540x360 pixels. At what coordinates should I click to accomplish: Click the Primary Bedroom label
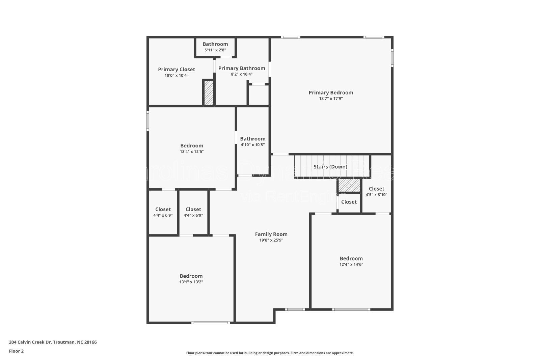(x=331, y=92)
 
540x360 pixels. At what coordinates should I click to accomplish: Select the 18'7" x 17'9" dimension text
(x=331, y=99)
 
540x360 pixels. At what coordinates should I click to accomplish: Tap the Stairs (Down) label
(x=330, y=167)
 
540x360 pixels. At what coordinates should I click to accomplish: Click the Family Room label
(x=271, y=234)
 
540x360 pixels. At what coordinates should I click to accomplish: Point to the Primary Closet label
(x=176, y=70)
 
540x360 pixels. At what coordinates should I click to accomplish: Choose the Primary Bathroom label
(x=242, y=68)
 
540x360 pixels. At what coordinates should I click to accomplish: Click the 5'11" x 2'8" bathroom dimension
(x=215, y=50)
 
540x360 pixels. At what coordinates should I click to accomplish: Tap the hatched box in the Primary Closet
(x=209, y=93)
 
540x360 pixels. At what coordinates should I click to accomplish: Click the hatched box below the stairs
(x=349, y=186)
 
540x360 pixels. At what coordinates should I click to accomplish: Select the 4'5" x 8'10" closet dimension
(x=376, y=195)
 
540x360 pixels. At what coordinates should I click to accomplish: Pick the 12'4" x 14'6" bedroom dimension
(x=351, y=265)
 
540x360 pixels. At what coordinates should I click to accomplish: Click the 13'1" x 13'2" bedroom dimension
(x=191, y=282)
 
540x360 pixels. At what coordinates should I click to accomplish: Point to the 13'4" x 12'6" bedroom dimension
(x=191, y=151)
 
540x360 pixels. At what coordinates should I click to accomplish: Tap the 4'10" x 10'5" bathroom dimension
(x=252, y=145)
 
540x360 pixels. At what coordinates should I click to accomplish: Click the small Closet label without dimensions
(x=349, y=202)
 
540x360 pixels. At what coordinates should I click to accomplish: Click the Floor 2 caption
(x=16, y=351)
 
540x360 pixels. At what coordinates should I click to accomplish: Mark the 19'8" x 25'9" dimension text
(x=271, y=240)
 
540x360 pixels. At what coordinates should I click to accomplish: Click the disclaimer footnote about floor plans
(x=270, y=353)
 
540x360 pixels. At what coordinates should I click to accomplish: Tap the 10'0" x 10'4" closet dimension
(x=176, y=76)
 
